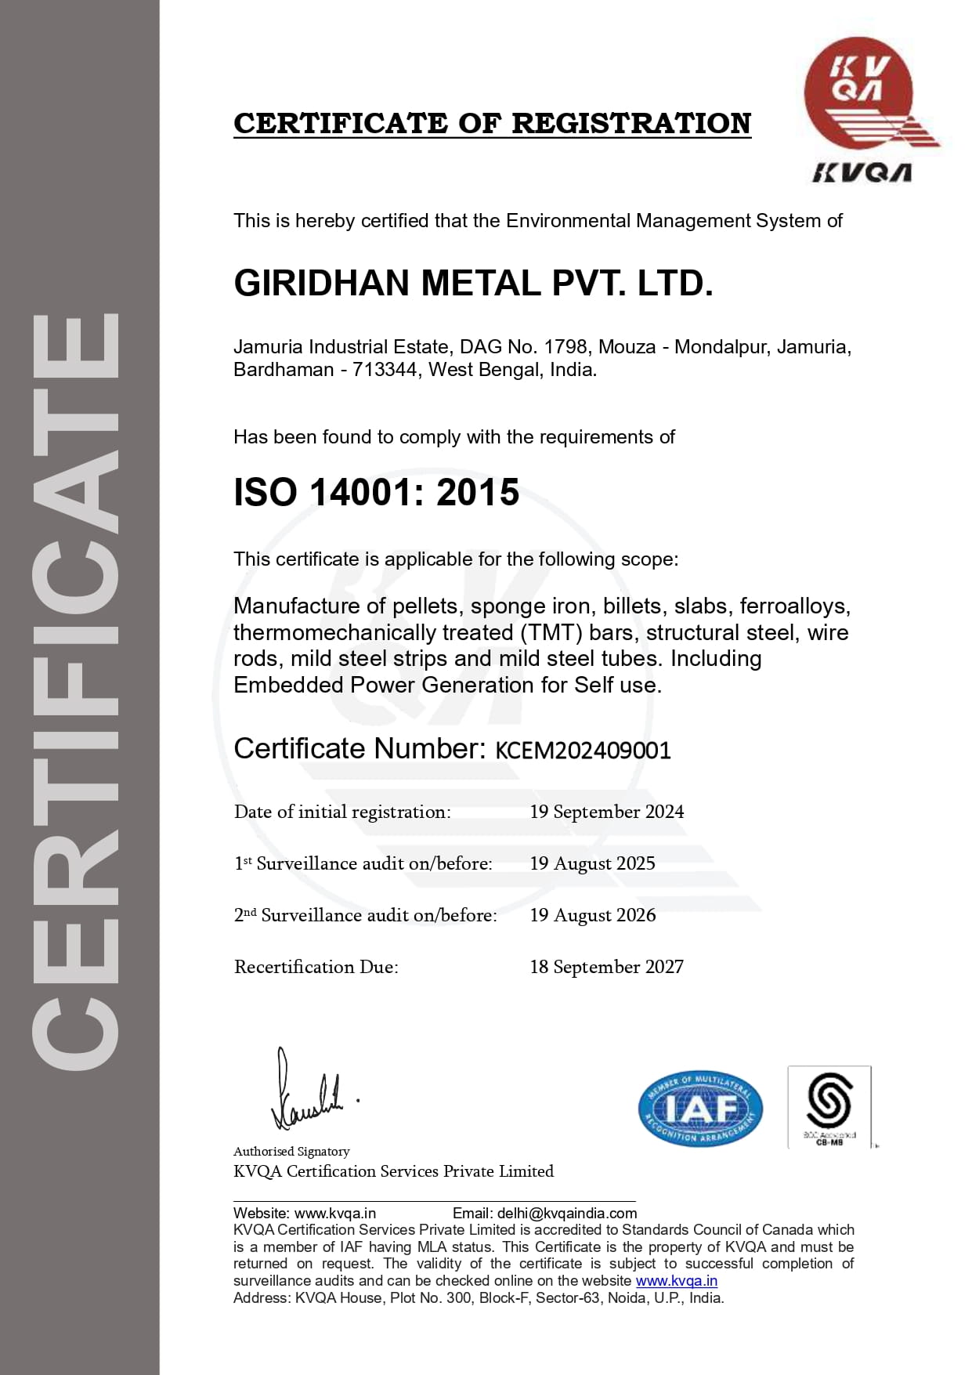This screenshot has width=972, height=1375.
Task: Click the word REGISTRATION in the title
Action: (631, 123)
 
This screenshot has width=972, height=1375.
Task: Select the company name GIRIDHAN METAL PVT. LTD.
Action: (473, 284)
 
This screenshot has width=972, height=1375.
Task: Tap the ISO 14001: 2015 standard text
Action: (376, 493)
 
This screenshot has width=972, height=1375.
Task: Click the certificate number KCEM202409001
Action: (583, 751)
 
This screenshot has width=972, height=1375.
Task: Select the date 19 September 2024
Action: (606, 812)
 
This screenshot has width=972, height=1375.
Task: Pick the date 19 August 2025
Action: (592, 863)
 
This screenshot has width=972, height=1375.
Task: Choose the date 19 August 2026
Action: (592, 915)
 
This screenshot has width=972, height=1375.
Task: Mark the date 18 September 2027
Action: (606, 967)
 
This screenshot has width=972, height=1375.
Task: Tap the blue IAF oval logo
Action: (700, 1109)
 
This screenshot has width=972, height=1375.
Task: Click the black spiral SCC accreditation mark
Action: (829, 1101)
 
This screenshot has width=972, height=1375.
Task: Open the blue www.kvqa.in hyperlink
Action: (676, 1281)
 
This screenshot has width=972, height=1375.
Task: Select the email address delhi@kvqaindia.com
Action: (567, 1214)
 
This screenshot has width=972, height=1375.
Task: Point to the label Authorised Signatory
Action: (291, 1152)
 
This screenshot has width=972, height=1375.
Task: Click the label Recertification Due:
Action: (316, 967)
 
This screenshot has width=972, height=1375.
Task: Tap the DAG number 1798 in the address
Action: (565, 347)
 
